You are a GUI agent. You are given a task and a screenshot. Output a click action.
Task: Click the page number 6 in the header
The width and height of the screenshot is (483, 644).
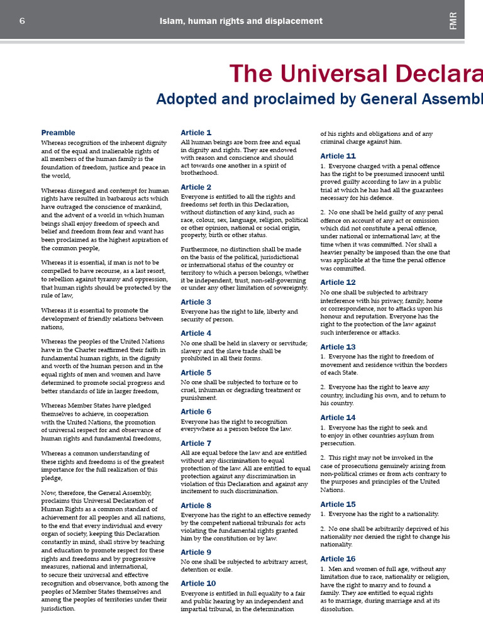click(22, 21)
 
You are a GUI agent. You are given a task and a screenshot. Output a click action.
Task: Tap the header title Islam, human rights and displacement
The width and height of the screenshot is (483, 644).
click(241, 21)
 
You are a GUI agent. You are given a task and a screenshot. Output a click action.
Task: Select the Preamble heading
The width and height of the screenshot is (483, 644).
click(58, 133)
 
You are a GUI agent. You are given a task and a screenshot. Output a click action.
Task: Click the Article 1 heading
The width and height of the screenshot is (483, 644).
click(196, 133)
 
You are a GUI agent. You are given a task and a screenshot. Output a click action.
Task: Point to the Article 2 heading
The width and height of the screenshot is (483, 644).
click(196, 187)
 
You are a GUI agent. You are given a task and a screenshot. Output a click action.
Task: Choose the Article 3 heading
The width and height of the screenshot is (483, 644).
click(196, 302)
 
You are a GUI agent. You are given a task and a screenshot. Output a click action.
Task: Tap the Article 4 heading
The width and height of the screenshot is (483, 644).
click(196, 333)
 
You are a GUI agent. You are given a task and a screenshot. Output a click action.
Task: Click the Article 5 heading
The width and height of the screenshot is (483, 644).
click(196, 372)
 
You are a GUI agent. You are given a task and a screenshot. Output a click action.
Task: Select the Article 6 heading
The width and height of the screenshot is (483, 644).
click(196, 412)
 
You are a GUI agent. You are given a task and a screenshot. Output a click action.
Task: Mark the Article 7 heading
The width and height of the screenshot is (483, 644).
click(196, 443)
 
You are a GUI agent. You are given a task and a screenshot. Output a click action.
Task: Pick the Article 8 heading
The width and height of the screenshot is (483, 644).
click(196, 506)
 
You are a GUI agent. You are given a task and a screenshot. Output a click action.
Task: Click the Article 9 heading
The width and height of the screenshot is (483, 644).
click(196, 552)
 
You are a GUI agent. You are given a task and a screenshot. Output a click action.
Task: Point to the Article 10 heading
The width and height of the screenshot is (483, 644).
click(198, 584)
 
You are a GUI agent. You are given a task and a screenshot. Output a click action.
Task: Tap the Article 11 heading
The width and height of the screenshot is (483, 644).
click(338, 156)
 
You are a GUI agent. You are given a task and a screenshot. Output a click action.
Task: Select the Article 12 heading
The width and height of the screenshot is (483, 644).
click(338, 282)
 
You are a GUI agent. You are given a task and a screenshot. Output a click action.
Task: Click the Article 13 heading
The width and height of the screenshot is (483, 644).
click(338, 347)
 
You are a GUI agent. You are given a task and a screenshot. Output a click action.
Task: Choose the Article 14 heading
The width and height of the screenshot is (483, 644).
click(338, 418)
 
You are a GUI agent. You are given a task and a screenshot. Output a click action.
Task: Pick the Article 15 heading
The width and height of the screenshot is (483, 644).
click(338, 504)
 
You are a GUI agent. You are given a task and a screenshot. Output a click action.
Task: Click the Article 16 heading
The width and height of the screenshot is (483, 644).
click(338, 558)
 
